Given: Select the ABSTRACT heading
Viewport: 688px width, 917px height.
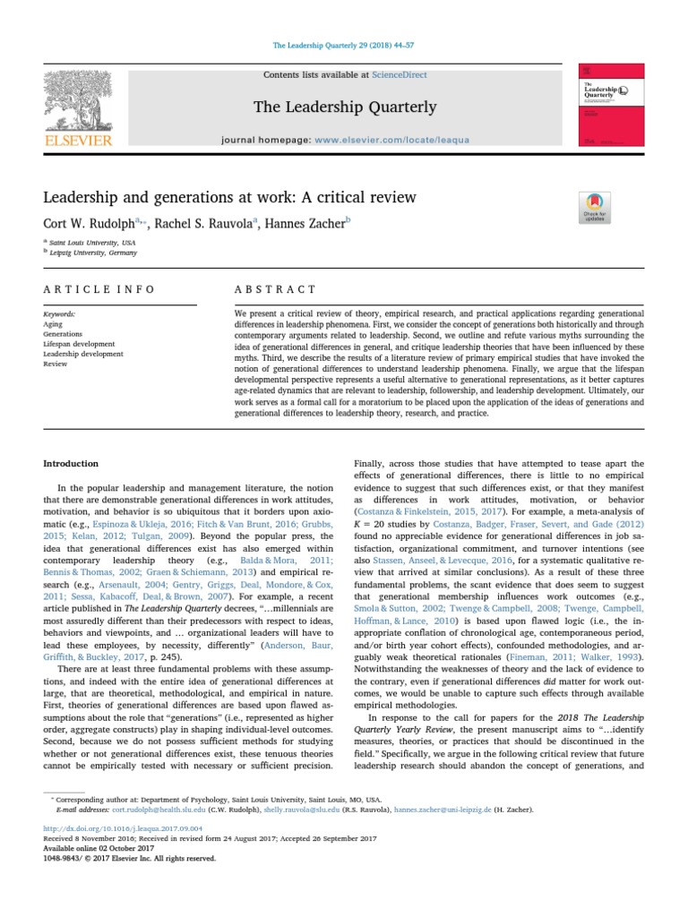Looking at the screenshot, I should [275, 289].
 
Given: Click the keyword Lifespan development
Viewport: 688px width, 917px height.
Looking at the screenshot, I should [79, 344].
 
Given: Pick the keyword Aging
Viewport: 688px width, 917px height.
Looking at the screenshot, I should [53, 324].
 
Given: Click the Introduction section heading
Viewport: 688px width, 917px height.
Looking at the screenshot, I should [72, 464].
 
